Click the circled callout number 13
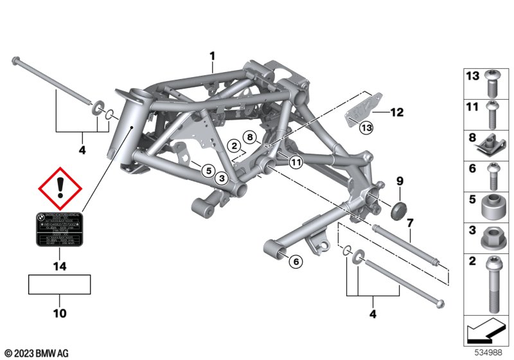(x=366, y=128)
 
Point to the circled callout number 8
(x=250, y=136)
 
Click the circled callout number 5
(x=207, y=170)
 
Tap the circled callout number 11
(x=296, y=163)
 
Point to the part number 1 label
(x=212, y=57)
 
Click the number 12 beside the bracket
(x=396, y=113)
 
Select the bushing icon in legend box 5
(x=491, y=206)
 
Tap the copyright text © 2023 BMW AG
(x=37, y=353)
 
